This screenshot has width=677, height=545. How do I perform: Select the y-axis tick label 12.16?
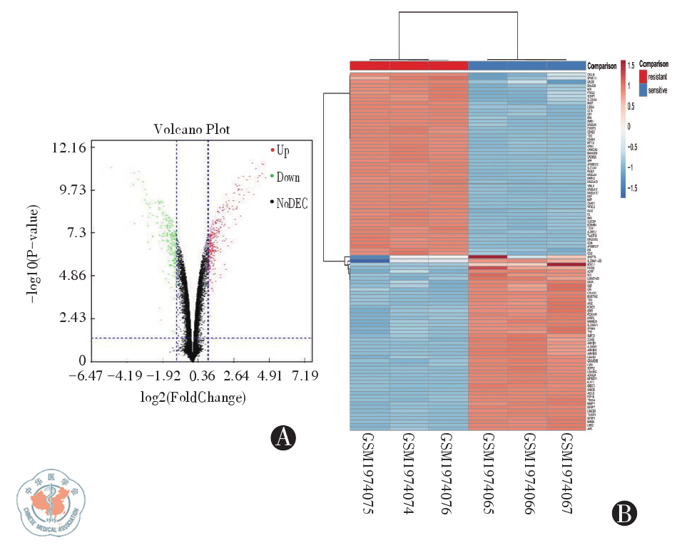tap(71, 148)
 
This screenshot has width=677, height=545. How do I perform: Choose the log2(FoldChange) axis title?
tap(193, 397)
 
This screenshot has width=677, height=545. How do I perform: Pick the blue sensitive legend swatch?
tap(643, 90)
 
